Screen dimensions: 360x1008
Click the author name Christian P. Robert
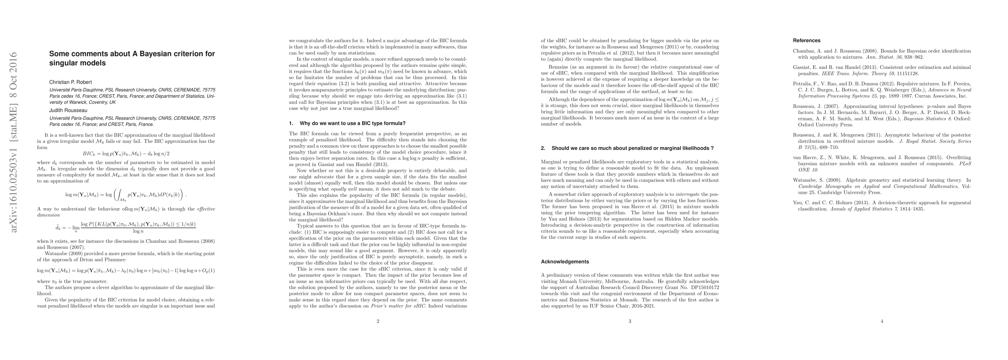[70, 82]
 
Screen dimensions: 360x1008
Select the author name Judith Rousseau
[68, 110]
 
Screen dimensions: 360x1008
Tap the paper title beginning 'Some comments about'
[132, 58]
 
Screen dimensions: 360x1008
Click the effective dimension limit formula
[126, 228]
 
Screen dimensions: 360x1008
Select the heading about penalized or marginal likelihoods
[627, 148]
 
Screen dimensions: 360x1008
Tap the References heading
[806, 40]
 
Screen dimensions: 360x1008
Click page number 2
[378, 322]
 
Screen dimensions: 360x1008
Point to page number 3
[630, 322]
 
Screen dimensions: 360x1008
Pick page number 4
[882, 322]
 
